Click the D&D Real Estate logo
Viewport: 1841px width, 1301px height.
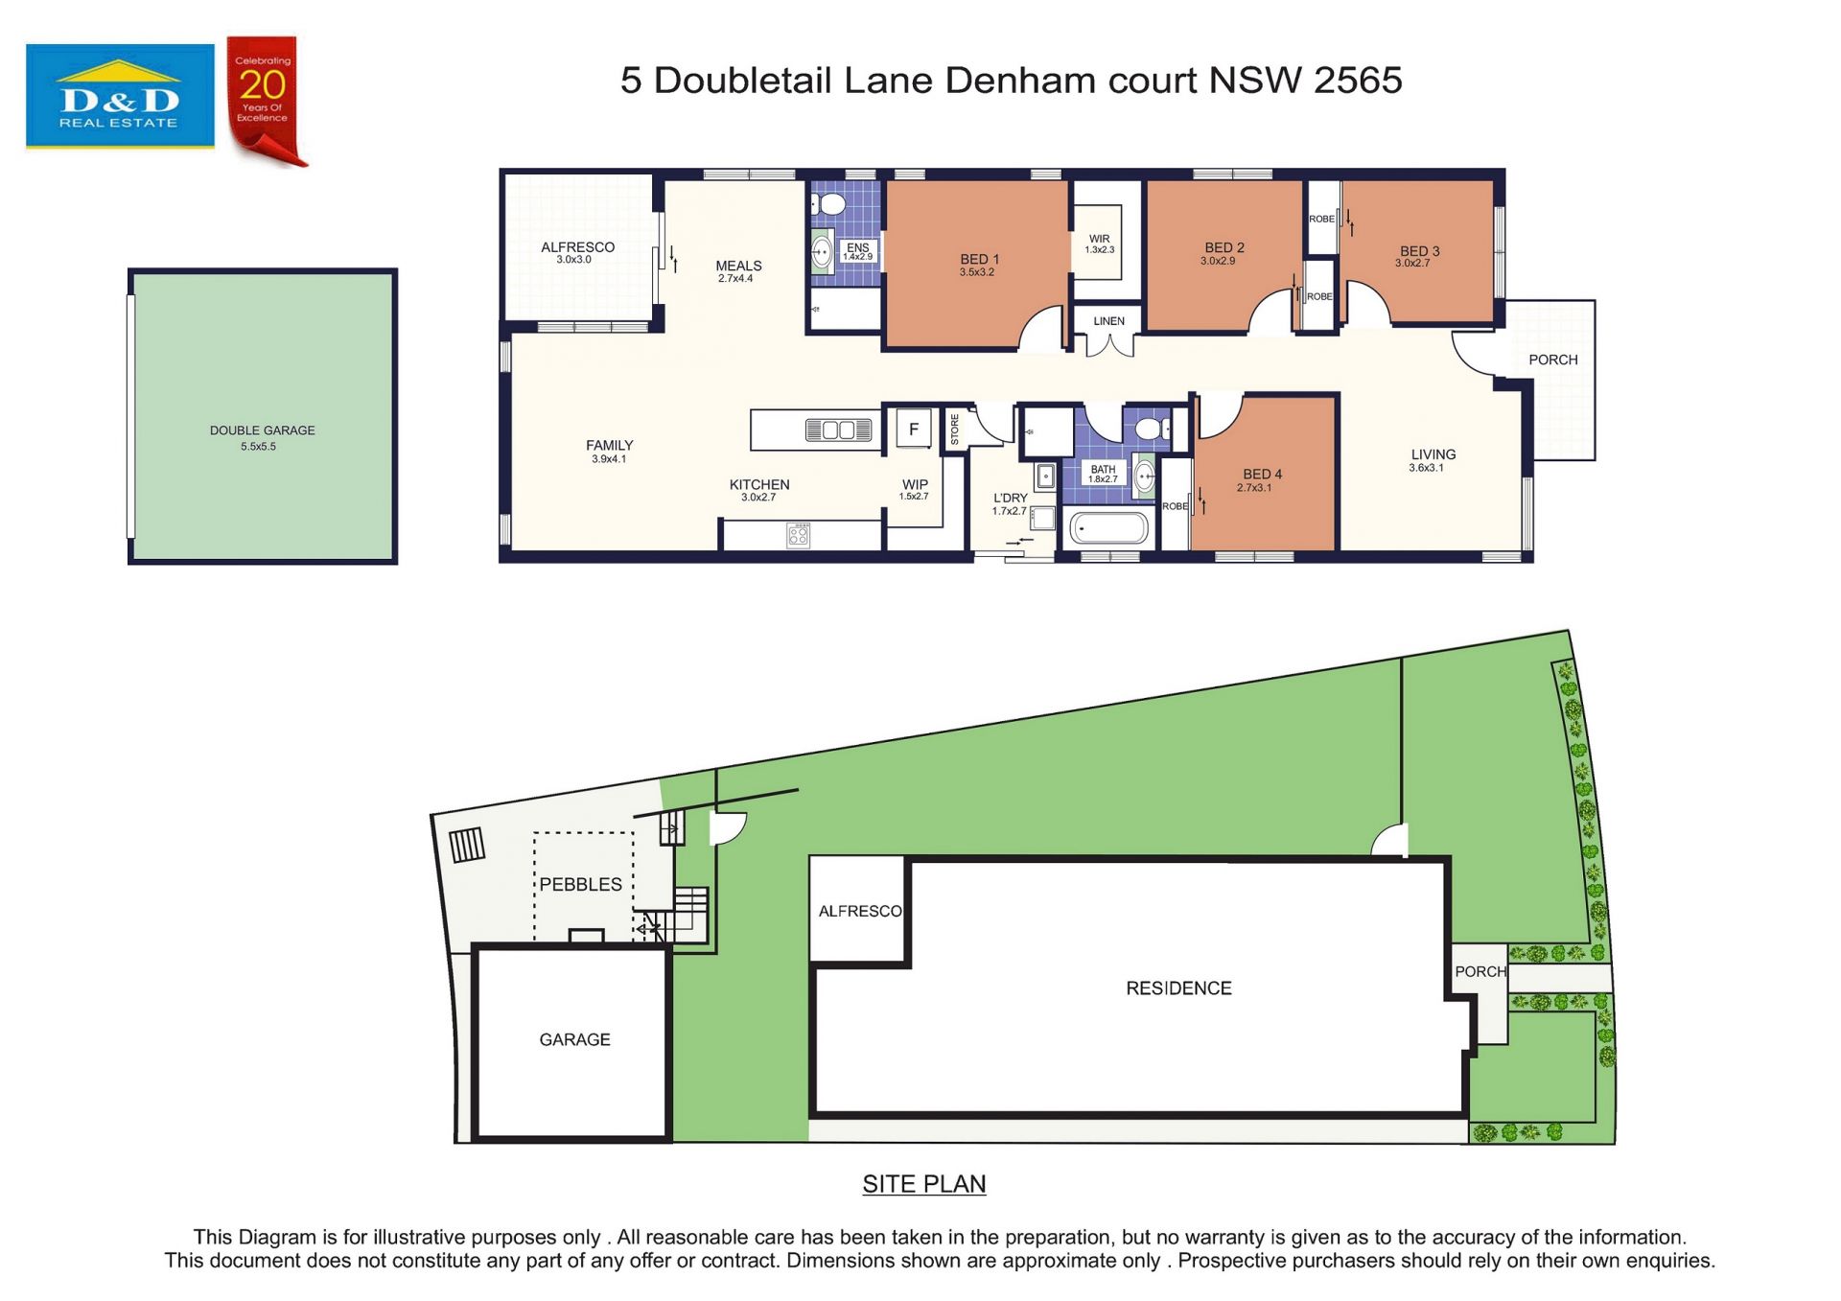pos(120,96)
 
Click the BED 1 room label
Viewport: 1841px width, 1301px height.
pos(979,259)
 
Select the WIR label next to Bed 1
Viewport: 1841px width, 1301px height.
pos(1099,239)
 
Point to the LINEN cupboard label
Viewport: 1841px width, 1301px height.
pos(1108,321)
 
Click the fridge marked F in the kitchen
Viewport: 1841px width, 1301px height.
pos(913,430)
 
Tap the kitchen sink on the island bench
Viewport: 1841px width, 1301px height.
pos(838,430)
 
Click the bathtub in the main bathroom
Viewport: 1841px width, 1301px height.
pos(1108,528)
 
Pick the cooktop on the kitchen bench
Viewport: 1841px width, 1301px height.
pos(798,535)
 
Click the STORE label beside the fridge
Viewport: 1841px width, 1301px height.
pos(955,429)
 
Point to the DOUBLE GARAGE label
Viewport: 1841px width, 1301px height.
pos(262,430)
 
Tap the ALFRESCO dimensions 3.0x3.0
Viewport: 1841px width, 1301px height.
pos(573,260)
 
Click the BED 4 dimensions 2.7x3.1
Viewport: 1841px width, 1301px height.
pos(1254,488)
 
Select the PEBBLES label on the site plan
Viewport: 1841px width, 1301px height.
pos(580,884)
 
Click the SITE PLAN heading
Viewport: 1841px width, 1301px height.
pos(923,1184)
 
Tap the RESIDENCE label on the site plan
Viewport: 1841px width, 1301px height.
pos(1178,988)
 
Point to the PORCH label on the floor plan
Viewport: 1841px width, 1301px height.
pos(1552,360)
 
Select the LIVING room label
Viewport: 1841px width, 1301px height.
pos(1433,454)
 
